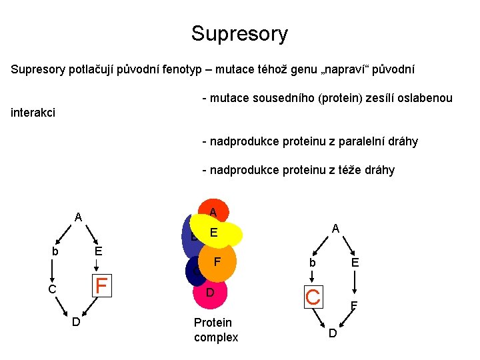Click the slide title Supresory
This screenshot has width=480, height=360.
(239, 33)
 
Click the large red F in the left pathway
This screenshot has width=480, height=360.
(101, 285)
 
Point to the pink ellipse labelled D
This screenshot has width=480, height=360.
(211, 293)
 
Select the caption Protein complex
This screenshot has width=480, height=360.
(215, 330)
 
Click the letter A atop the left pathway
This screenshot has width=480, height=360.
(78, 217)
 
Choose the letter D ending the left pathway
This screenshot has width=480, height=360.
(76, 323)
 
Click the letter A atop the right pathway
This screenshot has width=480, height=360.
(336, 228)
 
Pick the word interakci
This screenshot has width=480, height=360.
(33, 113)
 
